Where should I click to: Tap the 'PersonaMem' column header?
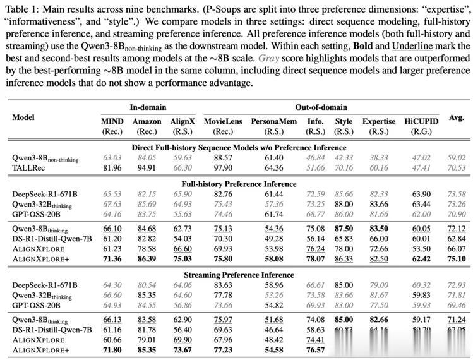click(270, 121)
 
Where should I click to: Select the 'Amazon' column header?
click(147, 121)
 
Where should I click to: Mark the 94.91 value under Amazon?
click(147, 167)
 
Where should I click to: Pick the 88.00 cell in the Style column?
click(344, 205)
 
